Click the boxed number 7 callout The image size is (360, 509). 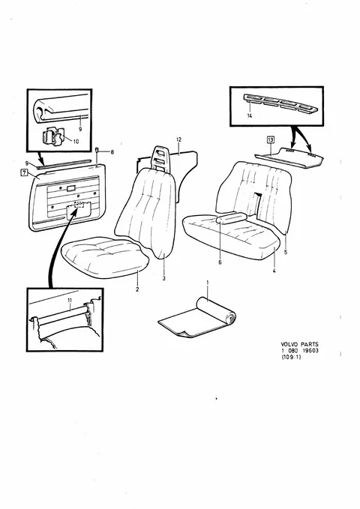[x=24, y=172]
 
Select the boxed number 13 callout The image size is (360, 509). [x=271, y=140]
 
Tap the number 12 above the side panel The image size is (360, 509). [x=178, y=139]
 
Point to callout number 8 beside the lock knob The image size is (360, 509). [x=112, y=151]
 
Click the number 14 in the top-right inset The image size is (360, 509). [x=250, y=115]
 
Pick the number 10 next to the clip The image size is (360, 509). [x=76, y=142]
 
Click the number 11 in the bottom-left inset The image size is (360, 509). [x=70, y=301]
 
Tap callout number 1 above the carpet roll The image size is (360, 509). [x=208, y=283]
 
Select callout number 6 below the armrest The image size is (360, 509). [x=220, y=262]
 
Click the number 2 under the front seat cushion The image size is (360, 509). [x=137, y=289]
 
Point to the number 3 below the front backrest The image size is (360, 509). [x=163, y=278]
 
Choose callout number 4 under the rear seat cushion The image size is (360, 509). [x=274, y=271]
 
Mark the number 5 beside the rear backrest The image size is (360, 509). [x=286, y=252]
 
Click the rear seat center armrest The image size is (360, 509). [x=232, y=217]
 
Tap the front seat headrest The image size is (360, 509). [x=160, y=157]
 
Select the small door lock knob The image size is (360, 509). [x=97, y=150]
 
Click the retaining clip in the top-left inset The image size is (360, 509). [x=53, y=137]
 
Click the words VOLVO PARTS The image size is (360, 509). [x=299, y=344]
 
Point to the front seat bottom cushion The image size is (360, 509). [x=105, y=257]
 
